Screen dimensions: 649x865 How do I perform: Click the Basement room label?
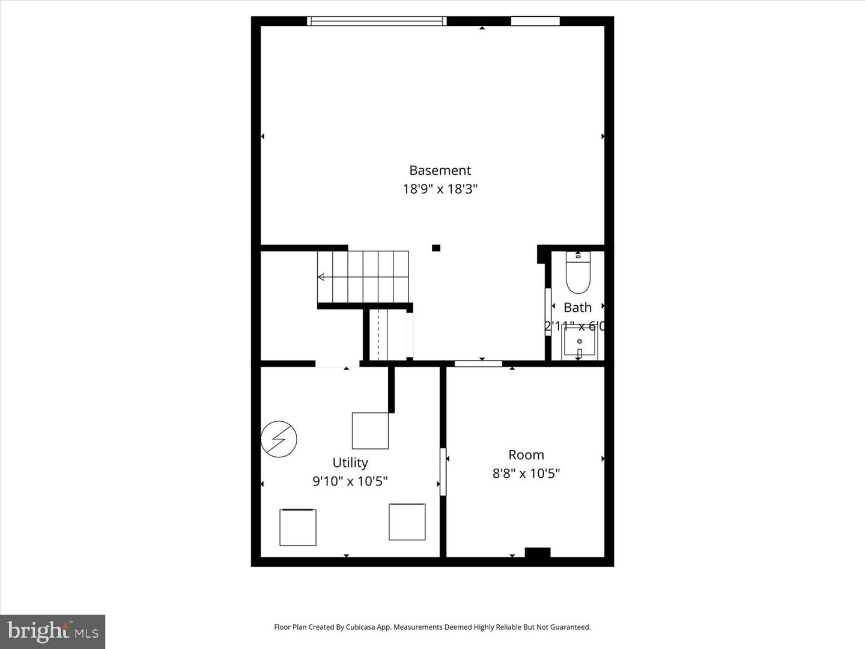[x=440, y=171]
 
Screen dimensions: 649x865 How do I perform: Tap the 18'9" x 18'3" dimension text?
[x=440, y=189]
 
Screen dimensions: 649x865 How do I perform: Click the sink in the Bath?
[x=579, y=343]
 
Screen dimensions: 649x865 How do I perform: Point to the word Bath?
[x=577, y=308]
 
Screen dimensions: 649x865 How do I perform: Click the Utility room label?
[x=350, y=463]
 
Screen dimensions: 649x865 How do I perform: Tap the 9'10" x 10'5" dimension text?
[x=350, y=481]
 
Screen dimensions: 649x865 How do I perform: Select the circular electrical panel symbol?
[x=279, y=439]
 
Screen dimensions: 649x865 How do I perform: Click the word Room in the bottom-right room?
[x=526, y=455]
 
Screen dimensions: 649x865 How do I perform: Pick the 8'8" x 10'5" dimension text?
[x=526, y=474]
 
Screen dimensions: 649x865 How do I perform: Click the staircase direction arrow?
[x=321, y=277]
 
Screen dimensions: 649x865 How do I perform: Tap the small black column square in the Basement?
[x=436, y=248]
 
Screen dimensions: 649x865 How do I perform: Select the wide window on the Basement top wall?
[x=377, y=22]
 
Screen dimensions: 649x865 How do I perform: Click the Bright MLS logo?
[x=53, y=631]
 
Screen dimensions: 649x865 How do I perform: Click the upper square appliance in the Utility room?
[x=370, y=430]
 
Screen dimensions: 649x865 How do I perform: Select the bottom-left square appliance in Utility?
[x=298, y=527]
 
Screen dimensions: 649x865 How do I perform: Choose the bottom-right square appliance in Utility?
[x=407, y=522]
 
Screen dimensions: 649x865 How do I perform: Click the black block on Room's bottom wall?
[x=537, y=552]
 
